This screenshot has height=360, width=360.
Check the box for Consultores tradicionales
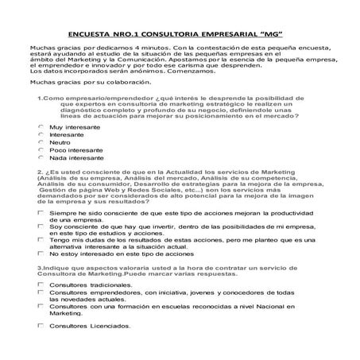click(x=41, y=285)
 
